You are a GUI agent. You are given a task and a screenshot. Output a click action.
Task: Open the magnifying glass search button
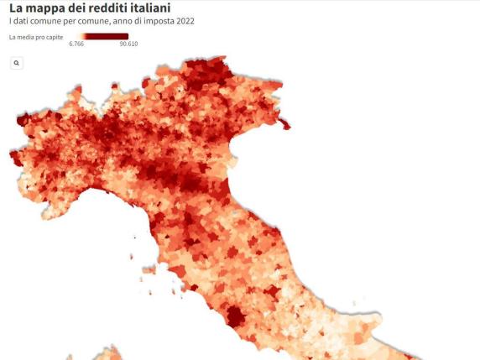(x=16, y=63)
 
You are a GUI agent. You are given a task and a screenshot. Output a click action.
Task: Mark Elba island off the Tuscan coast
(x=178, y=272)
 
